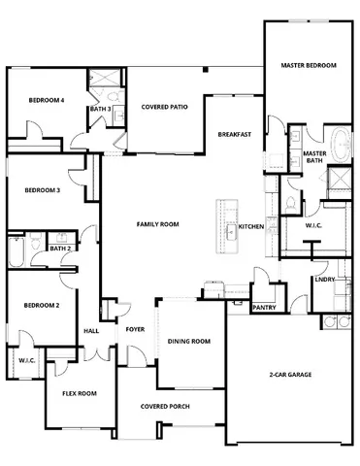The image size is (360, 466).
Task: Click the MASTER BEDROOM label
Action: click(309, 65)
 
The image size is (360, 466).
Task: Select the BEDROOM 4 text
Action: click(46, 100)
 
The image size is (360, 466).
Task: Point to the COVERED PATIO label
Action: click(164, 107)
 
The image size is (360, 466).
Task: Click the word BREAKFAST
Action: click(235, 134)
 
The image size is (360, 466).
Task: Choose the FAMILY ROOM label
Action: click(157, 224)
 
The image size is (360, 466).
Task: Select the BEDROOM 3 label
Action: click(43, 190)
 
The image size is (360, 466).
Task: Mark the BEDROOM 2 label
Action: click(43, 305)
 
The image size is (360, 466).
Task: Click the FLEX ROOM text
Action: click(80, 393)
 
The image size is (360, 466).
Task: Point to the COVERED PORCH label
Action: click(163, 406)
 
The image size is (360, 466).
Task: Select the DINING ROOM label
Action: click(189, 341)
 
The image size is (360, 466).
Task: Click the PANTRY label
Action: click(263, 308)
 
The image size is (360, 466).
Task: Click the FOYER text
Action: click(135, 330)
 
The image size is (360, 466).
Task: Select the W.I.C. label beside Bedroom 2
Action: click(26, 361)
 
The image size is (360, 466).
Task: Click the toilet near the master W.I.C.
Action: click(291, 201)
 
